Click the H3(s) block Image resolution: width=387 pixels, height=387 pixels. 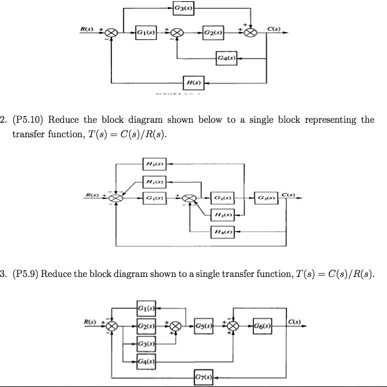tap(155, 163)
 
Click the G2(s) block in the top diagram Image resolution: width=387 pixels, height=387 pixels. tap(212, 31)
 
